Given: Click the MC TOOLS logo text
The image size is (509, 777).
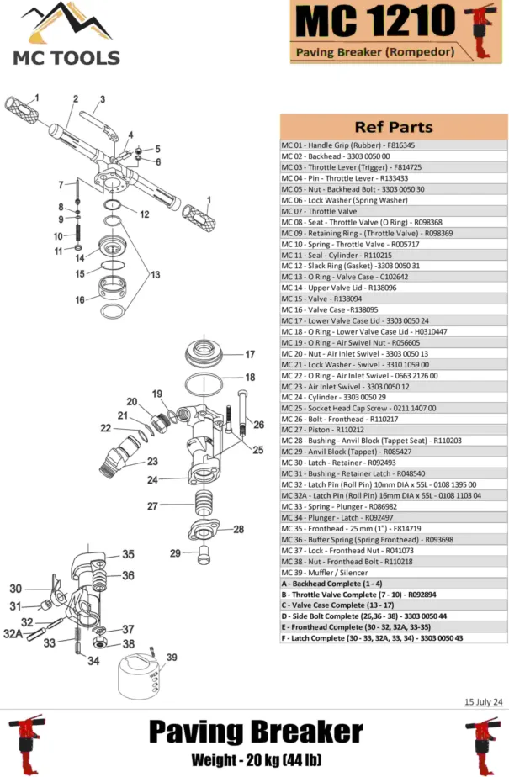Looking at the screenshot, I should coord(65,57).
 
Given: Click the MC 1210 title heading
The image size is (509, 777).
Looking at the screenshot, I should coord(374,21).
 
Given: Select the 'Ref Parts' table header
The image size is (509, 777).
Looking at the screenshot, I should coord(393,127).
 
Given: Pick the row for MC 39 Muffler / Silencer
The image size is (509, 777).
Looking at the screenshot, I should coord(337,572).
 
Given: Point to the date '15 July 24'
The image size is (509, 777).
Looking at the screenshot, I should coord(484,701).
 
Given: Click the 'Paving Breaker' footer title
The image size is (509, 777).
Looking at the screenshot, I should coord(255,731).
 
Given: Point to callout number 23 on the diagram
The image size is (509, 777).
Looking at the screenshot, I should coord(152,462).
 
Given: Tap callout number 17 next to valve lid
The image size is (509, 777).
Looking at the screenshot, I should coord(250,354).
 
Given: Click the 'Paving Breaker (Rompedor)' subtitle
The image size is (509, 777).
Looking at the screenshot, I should coord(374,52).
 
